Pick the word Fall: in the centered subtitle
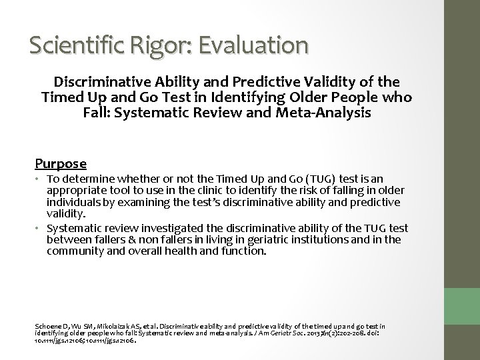102,113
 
